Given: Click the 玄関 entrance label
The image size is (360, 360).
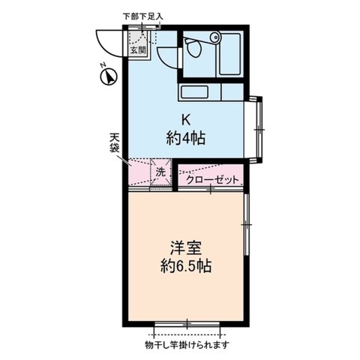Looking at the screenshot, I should coord(137,51).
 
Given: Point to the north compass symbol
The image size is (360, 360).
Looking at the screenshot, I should coord(108,75).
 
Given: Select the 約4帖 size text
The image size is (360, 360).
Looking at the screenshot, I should coord(187,138).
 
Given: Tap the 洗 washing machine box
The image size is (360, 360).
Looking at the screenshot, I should coord(160,172).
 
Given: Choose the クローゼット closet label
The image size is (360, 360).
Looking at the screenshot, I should coord(212,180).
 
